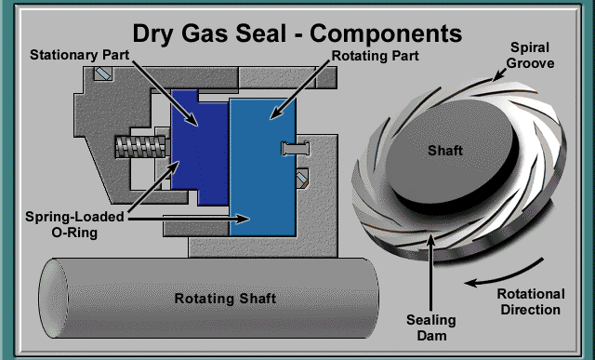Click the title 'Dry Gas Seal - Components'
click(x=297, y=34)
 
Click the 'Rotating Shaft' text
click(x=226, y=299)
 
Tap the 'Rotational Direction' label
click(x=529, y=301)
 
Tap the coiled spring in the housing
click(x=139, y=146)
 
